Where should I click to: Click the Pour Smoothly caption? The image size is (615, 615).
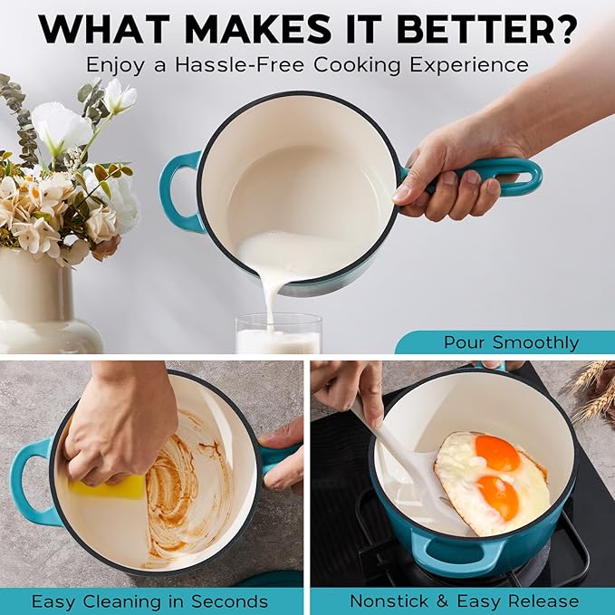[x=511, y=342]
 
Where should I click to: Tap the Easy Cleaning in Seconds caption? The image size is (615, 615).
[x=149, y=601]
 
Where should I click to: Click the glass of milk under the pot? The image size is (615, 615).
[x=278, y=335]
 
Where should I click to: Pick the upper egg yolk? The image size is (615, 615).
[x=497, y=452]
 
